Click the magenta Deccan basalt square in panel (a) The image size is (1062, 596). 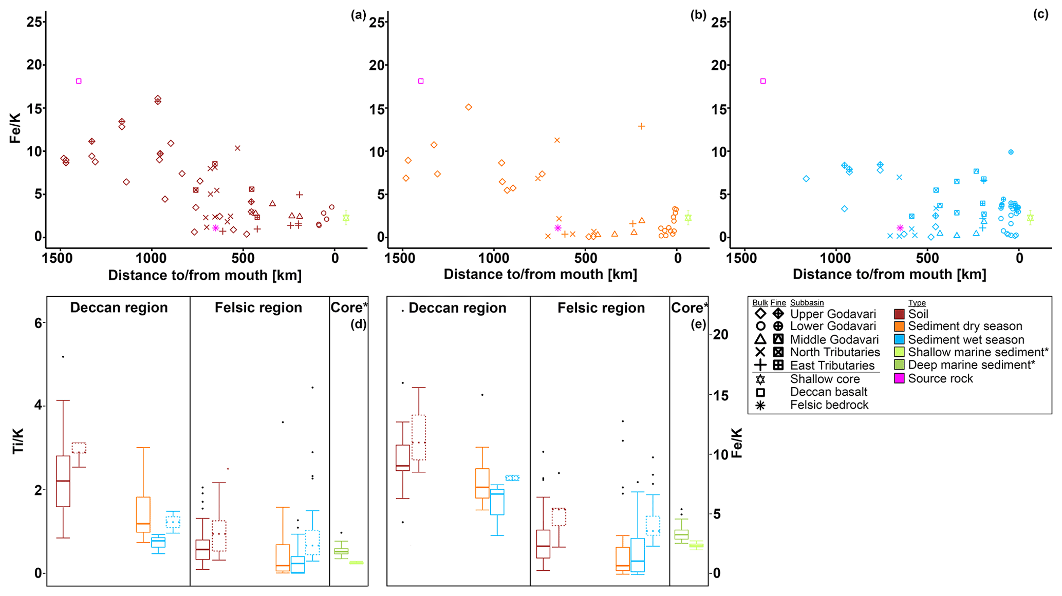pyautogui.click(x=79, y=81)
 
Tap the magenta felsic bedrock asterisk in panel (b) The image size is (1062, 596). pyautogui.click(x=558, y=228)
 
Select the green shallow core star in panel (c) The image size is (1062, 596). pyautogui.click(x=1030, y=218)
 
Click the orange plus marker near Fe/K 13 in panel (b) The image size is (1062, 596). pyautogui.click(x=641, y=126)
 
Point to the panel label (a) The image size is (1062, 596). pyautogui.click(x=358, y=15)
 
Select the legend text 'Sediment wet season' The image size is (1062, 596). pyautogui.click(x=966, y=340)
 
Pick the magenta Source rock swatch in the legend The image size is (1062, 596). pyautogui.click(x=899, y=379)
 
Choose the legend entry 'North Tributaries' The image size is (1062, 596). pyautogui.click(x=835, y=353)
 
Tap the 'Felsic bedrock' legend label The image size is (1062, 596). pyautogui.click(x=829, y=405)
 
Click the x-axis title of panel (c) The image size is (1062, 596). pyautogui.click(x=889, y=275)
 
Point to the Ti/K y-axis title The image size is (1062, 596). pyautogui.click(x=18, y=441)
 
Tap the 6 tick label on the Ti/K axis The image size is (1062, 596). pyautogui.click(x=38, y=323)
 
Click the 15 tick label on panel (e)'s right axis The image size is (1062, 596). pyautogui.click(x=721, y=395)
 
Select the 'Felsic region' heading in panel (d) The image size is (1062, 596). pyautogui.click(x=258, y=307)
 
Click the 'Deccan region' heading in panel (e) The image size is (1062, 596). pyautogui.click(x=457, y=308)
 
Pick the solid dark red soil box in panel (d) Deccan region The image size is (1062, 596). pyautogui.click(x=63, y=481)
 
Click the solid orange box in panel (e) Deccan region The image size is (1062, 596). pyautogui.click(x=482, y=483)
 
